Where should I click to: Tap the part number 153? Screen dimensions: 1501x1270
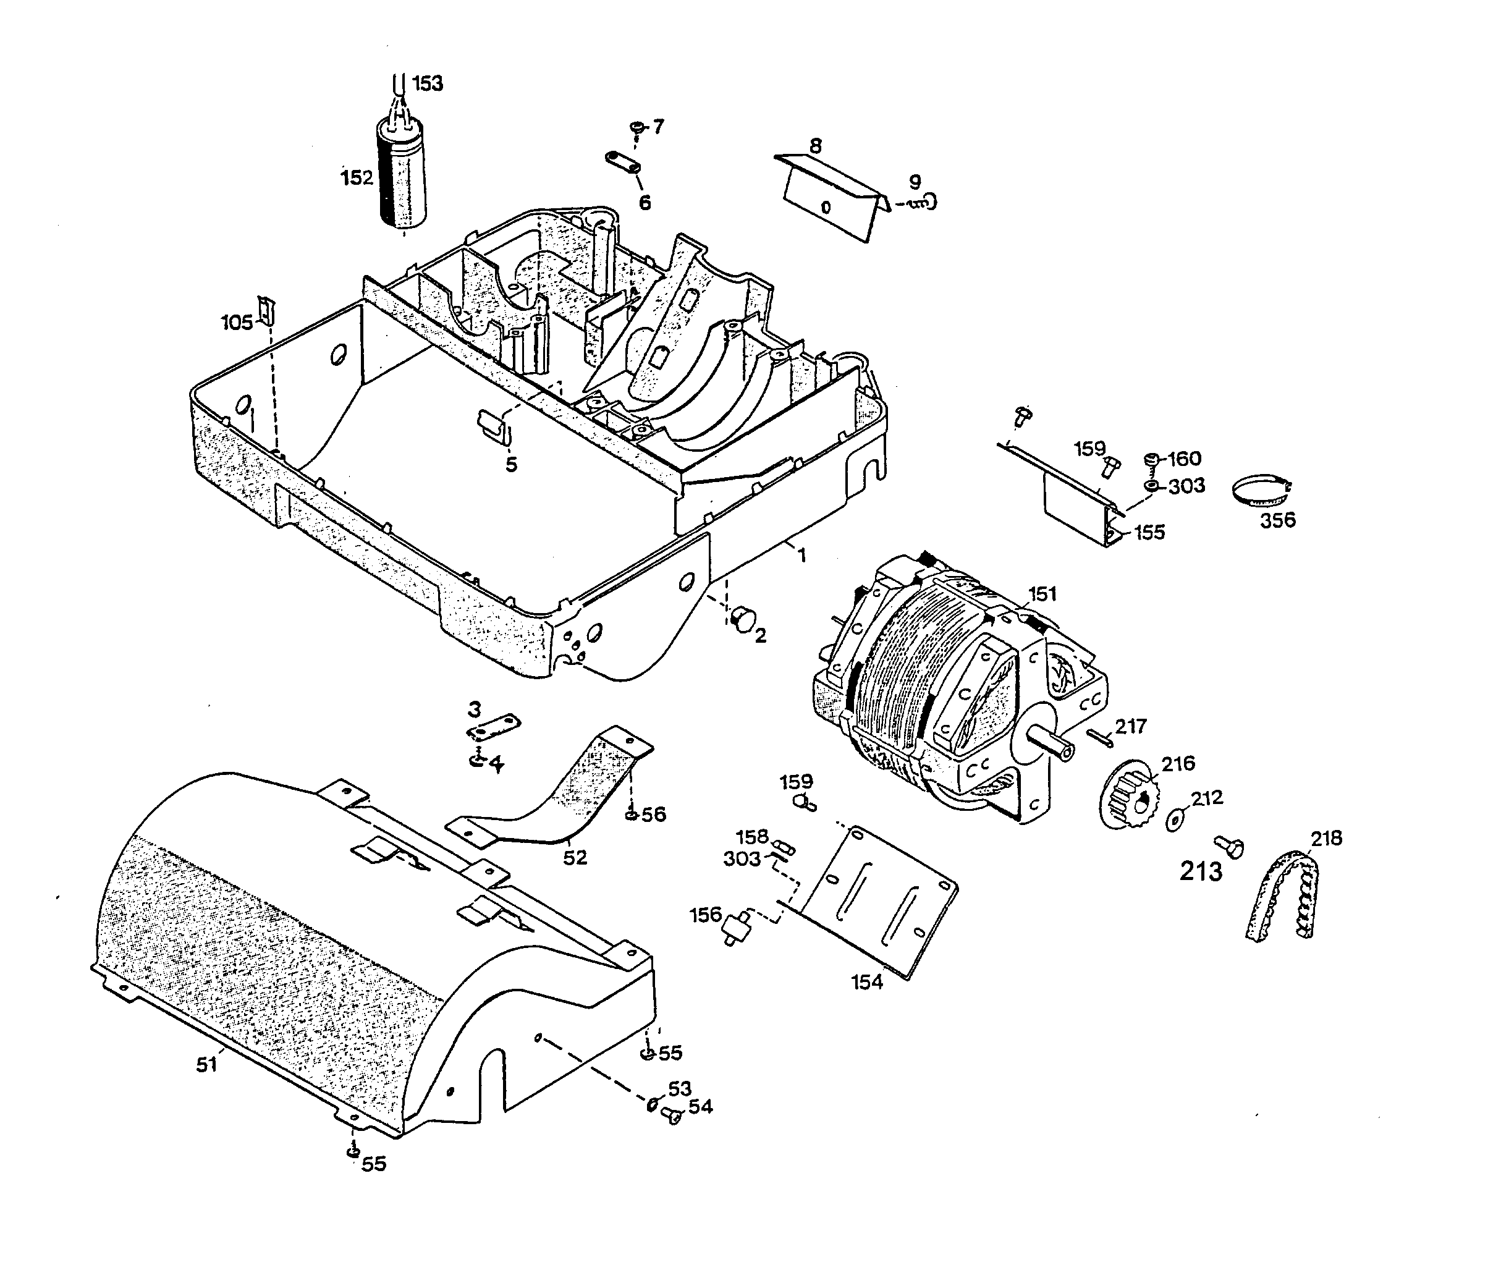pos(428,83)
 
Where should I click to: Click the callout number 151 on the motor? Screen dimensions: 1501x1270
pos(1042,594)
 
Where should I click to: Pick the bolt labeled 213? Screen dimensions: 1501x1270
pos(1229,846)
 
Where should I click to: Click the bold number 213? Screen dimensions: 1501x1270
pos(1201,872)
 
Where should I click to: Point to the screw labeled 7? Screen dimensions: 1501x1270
pos(636,128)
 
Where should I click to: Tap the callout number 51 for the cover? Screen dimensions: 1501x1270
pos(206,1065)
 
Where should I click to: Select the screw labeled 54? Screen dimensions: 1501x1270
pos(672,1116)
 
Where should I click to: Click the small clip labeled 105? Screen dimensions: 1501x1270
pos(267,310)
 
